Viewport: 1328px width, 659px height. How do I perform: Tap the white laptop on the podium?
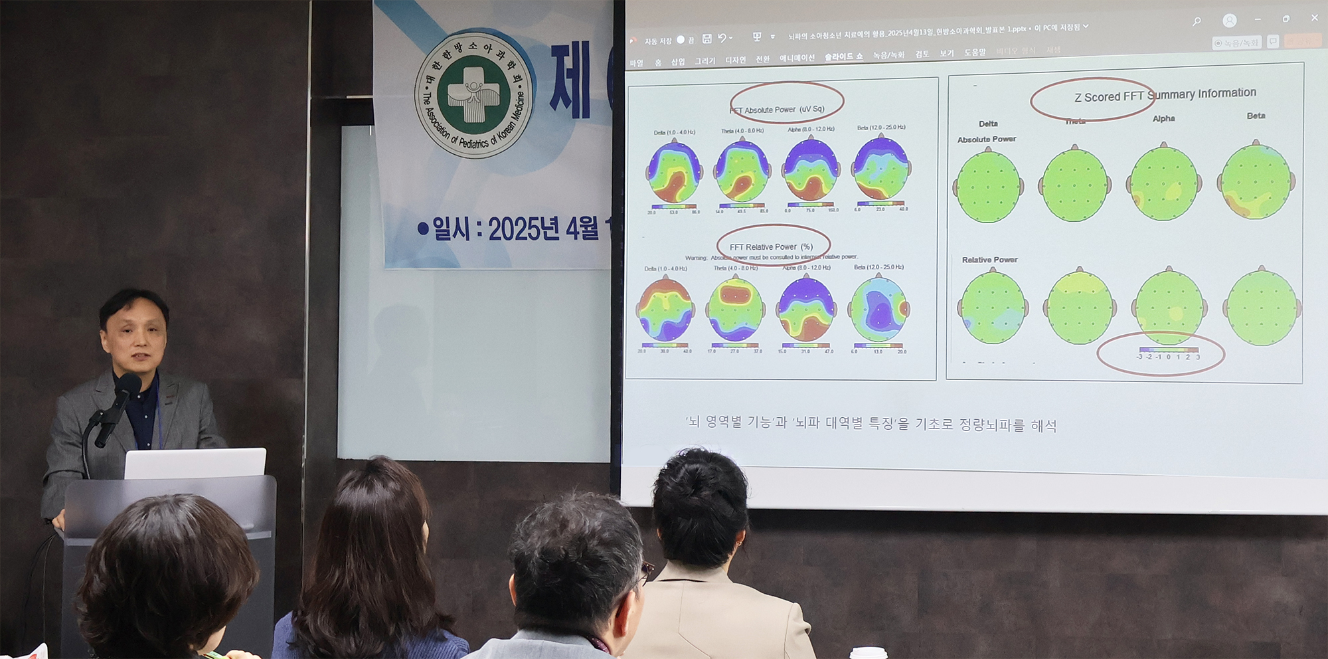pos(195,463)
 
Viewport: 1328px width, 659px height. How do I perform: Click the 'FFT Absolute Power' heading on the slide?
pos(777,110)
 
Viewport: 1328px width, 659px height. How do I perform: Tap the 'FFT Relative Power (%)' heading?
pos(771,246)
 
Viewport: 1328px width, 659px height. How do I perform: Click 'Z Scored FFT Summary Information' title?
pos(1165,95)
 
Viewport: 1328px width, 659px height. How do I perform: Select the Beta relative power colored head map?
pos(879,309)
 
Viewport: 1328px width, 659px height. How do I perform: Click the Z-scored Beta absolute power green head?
pos(1256,181)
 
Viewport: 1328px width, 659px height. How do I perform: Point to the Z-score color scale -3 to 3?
pos(1169,353)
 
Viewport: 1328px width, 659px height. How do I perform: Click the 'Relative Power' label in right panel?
pos(989,260)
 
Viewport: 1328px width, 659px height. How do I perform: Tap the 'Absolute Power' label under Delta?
pos(987,140)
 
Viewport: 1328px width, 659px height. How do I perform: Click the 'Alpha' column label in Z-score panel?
pos(1163,119)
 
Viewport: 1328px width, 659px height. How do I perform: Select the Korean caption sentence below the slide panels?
pos(871,423)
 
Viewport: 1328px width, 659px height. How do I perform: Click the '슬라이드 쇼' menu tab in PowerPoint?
pos(843,57)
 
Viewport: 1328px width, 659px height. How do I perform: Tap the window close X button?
pos(1314,18)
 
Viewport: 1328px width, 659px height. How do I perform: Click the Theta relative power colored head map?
pos(735,309)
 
